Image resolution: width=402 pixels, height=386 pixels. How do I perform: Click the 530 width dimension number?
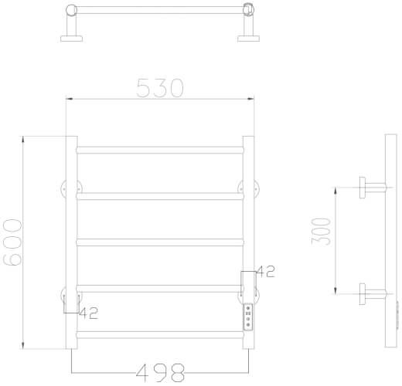coord(160,87)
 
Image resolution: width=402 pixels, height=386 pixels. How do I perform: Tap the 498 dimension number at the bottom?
coord(160,372)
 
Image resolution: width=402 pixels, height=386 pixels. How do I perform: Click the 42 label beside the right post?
coord(264,271)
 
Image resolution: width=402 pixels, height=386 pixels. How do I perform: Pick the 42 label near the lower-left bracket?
coord(90,313)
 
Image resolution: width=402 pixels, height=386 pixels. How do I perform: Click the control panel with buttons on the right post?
coord(247,317)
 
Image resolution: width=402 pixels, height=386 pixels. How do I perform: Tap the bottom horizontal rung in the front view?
coord(160,335)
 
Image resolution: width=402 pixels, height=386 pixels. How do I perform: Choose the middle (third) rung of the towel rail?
coord(160,242)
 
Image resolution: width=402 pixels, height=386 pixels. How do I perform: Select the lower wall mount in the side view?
coord(370,291)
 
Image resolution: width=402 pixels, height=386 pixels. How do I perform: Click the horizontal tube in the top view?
coord(160,10)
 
